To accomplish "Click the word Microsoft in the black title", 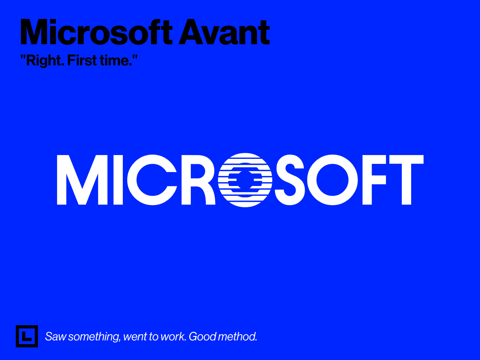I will click(x=96, y=33).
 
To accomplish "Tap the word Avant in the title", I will click(x=224, y=33).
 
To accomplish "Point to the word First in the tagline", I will click(x=82, y=60).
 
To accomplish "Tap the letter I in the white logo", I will click(x=118, y=180).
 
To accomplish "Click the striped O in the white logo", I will click(x=245, y=180).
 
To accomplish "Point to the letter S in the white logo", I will click(x=290, y=180).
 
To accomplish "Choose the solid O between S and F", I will click(x=333, y=180).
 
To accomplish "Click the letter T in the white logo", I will click(x=406, y=180).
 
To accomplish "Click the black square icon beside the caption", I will click(x=27, y=336).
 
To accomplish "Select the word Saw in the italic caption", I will click(x=56, y=337).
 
